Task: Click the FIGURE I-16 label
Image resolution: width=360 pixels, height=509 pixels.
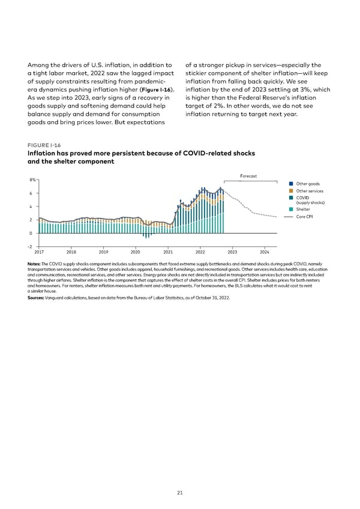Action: click(40, 145)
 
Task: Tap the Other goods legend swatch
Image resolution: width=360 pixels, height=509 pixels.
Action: click(290, 183)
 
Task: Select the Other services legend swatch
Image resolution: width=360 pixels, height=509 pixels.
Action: click(290, 191)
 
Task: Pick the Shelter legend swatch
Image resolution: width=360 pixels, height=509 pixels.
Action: click(290, 209)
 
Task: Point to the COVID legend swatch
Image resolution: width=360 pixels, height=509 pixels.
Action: click(290, 197)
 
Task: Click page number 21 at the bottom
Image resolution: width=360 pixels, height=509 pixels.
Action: click(180, 493)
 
